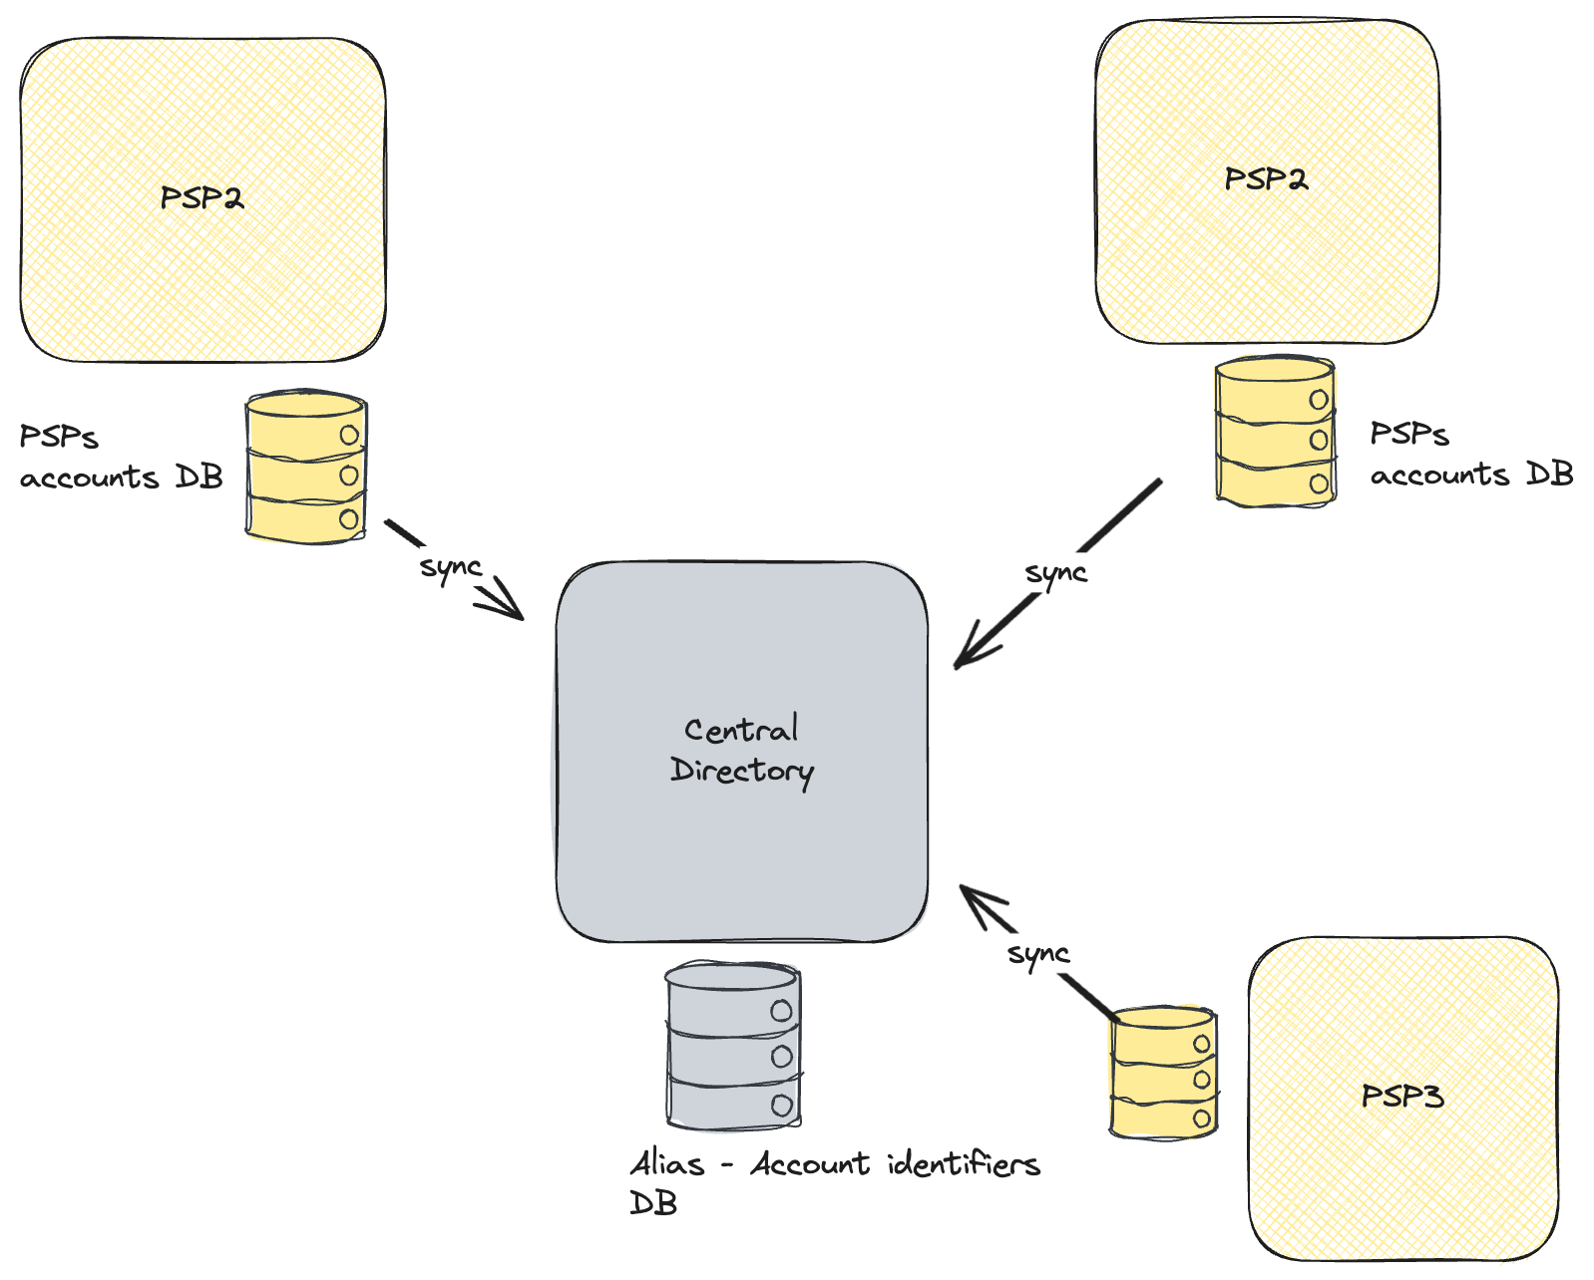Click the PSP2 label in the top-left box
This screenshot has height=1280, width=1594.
pos(201,197)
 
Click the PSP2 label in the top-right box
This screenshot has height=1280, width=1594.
pos(1266,179)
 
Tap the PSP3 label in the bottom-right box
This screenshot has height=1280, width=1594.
pos(1402,1097)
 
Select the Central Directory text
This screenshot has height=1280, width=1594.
pos(741,750)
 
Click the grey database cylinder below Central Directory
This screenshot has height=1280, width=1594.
pos(733,1046)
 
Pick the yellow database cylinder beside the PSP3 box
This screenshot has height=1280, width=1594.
pos(1163,1072)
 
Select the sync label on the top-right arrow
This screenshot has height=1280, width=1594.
pos(1056,573)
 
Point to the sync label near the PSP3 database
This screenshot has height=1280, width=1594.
pos(1038,954)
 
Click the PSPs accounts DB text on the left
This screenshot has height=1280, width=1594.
pos(120,458)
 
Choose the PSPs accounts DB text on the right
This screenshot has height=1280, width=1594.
pos(1470,455)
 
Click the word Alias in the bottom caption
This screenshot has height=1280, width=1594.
pos(667,1163)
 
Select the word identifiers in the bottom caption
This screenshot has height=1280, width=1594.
pos(964,1163)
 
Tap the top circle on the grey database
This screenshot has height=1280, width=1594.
pos(781,1011)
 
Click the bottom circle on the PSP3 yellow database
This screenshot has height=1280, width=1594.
pos(1202,1118)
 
